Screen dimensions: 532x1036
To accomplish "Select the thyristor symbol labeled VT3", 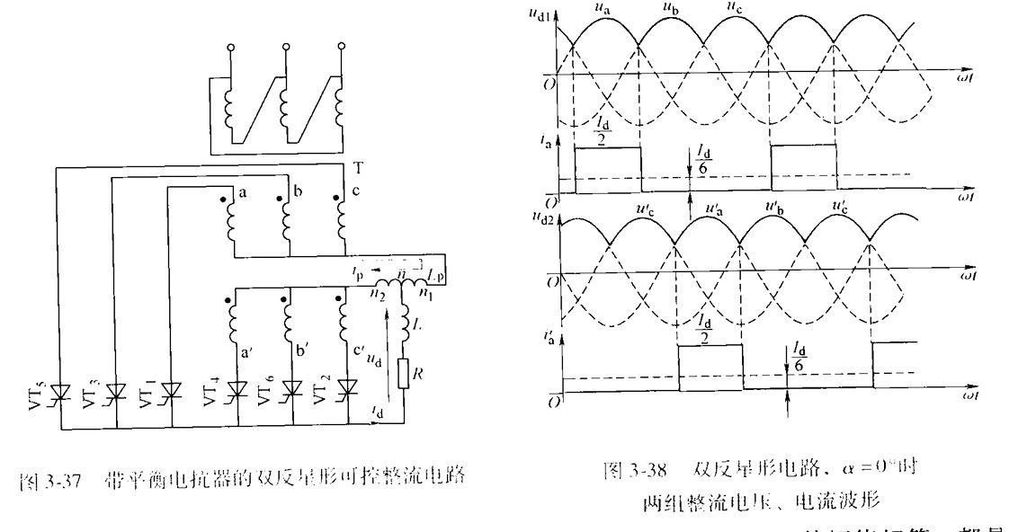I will pyautogui.click(x=113, y=392).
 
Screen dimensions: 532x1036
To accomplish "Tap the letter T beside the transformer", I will pyautogui.click(x=358, y=168).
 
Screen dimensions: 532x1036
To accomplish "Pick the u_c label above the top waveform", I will pyautogui.click(x=735, y=10).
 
